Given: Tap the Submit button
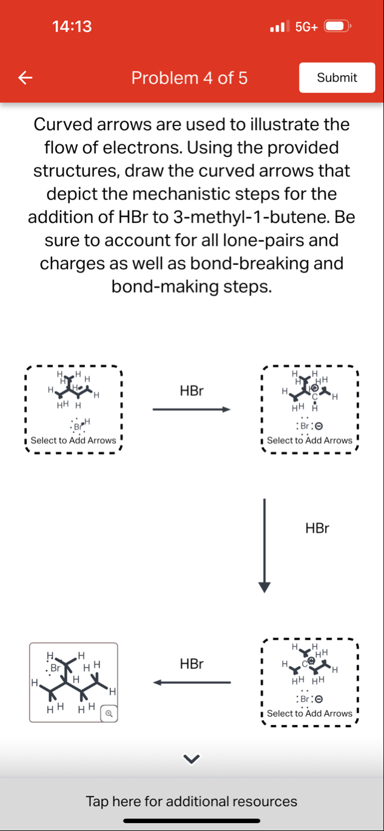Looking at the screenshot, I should pyautogui.click(x=337, y=78).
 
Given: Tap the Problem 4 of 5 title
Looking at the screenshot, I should pyautogui.click(x=189, y=78).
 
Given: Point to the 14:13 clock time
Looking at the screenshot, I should pyautogui.click(x=72, y=27).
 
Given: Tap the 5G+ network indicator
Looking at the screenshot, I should pyautogui.click(x=306, y=27).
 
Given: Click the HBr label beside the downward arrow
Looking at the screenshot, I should pyautogui.click(x=317, y=528).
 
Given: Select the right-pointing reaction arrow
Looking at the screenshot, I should pyautogui.click(x=192, y=410).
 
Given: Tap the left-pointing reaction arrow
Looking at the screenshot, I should pyautogui.click(x=192, y=683).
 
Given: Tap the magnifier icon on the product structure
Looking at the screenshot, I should pyautogui.click(x=109, y=713).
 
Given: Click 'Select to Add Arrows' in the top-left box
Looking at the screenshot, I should pyautogui.click(x=73, y=441).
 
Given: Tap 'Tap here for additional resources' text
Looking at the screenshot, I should pyautogui.click(x=192, y=801).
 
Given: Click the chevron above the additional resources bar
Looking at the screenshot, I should pyautogui.click(x=192, y=758).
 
